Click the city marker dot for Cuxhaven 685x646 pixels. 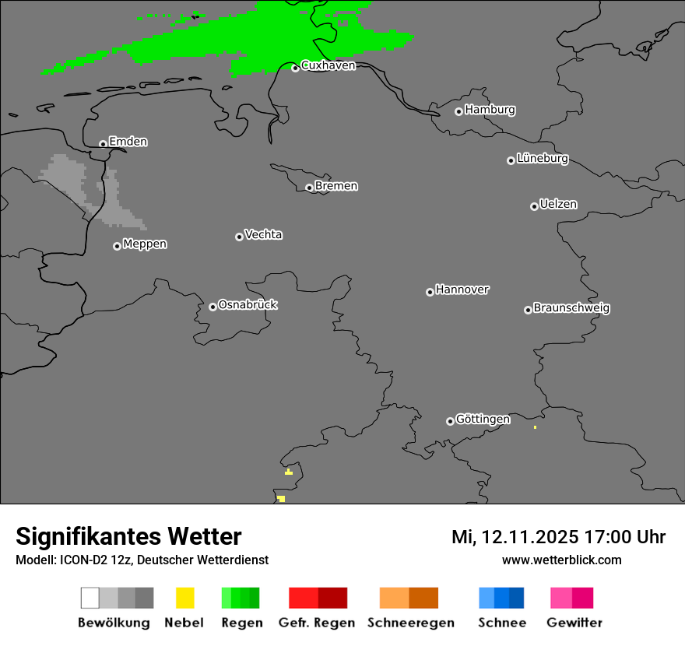[x=295, y=68]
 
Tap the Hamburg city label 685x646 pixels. [x=490, y=110]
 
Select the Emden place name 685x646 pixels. [x=128, y=142]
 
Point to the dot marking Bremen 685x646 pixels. [x=309, y=188]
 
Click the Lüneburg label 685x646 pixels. [x=542, y=159]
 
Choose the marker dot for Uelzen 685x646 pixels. [x=534, y=206]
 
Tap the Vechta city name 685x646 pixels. [x=263, y=234]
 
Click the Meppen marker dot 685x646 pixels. [x=117, y=246]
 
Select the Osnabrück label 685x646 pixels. [x=248, y=304]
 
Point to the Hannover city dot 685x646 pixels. [x=430, y=292]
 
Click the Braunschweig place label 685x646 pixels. [x=571, y=307]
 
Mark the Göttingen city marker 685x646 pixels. [x=450, y=421]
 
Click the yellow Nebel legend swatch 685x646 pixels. [x=184, y=598]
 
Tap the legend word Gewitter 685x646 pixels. [x=574, y=623]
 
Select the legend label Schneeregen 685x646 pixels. [x=410, y=623]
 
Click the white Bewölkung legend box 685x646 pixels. [x=90, y=598]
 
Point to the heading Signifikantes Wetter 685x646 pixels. [x=128, y=536]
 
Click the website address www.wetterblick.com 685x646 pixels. [x=561, y=560]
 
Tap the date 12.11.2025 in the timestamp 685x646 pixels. [x=529, y=537]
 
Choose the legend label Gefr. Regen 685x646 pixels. [x=317, y=623]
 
